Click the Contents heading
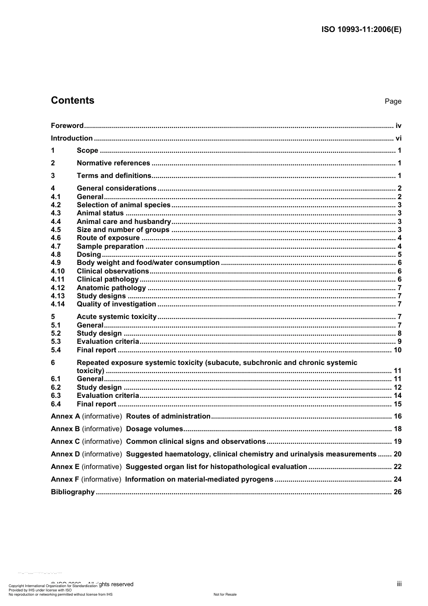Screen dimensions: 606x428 click(x=73, y=100)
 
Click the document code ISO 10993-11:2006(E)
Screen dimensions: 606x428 click(x=361, y=30)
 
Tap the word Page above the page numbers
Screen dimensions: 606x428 click(x=393, y=101)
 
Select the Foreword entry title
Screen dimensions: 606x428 click(x=67, y=126)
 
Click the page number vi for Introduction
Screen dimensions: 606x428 click(x=398, y=138)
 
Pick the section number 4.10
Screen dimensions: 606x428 click(x=58, y=271)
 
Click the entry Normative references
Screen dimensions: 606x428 click(x=113, y=163)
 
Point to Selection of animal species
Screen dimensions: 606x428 click(x=123, y=205)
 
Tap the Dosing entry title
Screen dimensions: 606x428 click(x=89, y=255)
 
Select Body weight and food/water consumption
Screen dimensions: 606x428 click(x=148, y=263)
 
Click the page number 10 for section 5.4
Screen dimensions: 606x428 click(x=397, y=350)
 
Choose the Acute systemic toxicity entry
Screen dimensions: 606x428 click(x=117, y=317)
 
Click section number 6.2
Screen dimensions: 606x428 click(x=56, y=387)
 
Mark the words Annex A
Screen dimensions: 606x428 click(x=65, y=416)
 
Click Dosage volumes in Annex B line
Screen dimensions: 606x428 click(x=155, y=429)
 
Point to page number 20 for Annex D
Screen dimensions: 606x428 click(x=397, y=454)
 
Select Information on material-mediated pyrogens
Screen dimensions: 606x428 click(x=199, y=479)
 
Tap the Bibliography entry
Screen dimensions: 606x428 click(x=73, y=492)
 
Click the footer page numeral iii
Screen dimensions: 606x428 click(x=399, y=584)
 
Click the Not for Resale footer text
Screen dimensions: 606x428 click(x=225, y=594)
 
